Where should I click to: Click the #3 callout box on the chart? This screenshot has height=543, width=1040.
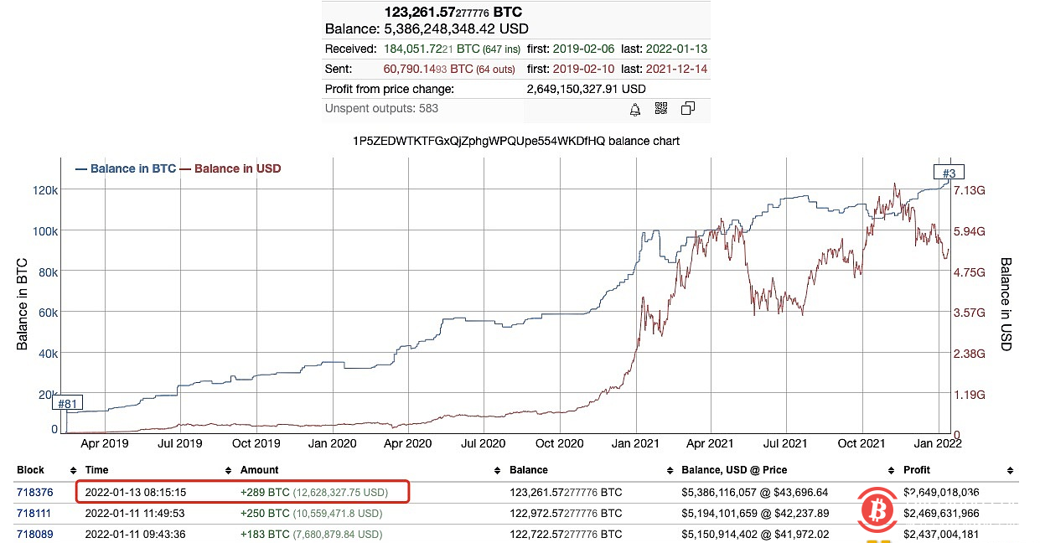(x=949, y=173)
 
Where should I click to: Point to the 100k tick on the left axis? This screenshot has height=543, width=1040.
(x=44, y=231)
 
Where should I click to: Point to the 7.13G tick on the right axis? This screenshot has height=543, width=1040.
(x=969, y=190)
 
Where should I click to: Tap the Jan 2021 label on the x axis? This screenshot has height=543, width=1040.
(x=634, y=443)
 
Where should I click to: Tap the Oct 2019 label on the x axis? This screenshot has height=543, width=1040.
(x=256, y=443)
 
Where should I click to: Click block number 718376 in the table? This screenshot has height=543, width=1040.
(x=33, y=492)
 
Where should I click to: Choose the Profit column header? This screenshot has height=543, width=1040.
(x=917, y=470)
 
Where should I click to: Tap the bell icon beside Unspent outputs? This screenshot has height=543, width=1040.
(x=635, y=109)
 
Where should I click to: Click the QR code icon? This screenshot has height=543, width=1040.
(x=660, y=109)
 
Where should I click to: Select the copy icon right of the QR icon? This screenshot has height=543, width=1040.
(x=688, y=109)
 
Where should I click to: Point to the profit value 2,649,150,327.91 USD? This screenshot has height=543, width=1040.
(x=587, y=89)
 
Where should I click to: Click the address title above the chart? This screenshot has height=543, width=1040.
(x=516, y=141)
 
